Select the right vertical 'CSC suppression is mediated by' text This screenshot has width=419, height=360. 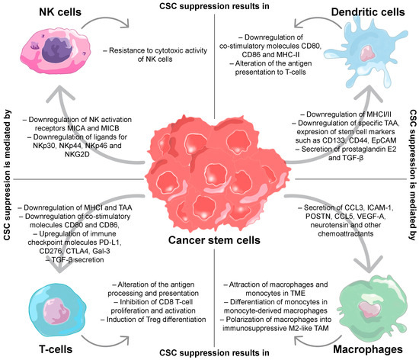[x=410, y=180]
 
